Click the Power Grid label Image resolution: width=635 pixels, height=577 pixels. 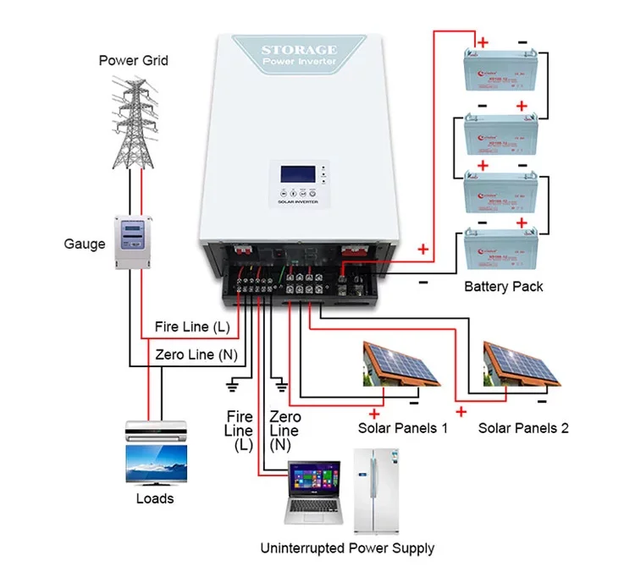tap(133, 60)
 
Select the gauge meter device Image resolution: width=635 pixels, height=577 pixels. tap(133, 242)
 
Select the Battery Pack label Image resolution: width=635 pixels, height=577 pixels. tap(504, 287)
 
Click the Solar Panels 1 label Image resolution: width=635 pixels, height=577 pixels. tap(403, 428)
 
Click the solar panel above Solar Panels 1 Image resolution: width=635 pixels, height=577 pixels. tap(401, 364)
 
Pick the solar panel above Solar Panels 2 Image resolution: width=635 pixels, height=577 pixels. tap(522, 364)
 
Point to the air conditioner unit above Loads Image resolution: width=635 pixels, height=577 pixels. tap(154, 431)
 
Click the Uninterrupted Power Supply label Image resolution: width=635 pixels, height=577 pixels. tap(348, 548)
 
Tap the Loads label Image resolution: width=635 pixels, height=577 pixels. tap(154, 498)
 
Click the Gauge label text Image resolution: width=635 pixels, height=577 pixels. tap(85, 244)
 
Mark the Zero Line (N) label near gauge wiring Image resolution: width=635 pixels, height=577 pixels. tap(197, 355)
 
